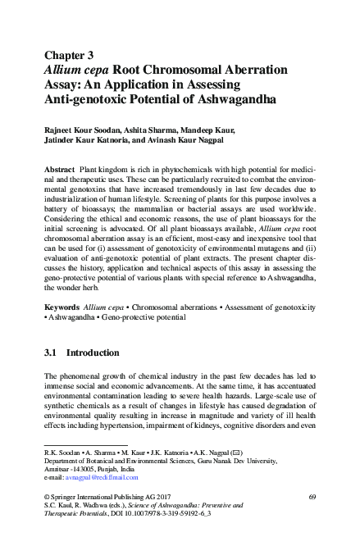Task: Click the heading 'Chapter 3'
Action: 69,55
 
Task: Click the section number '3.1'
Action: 50,353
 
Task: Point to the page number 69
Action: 312,498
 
